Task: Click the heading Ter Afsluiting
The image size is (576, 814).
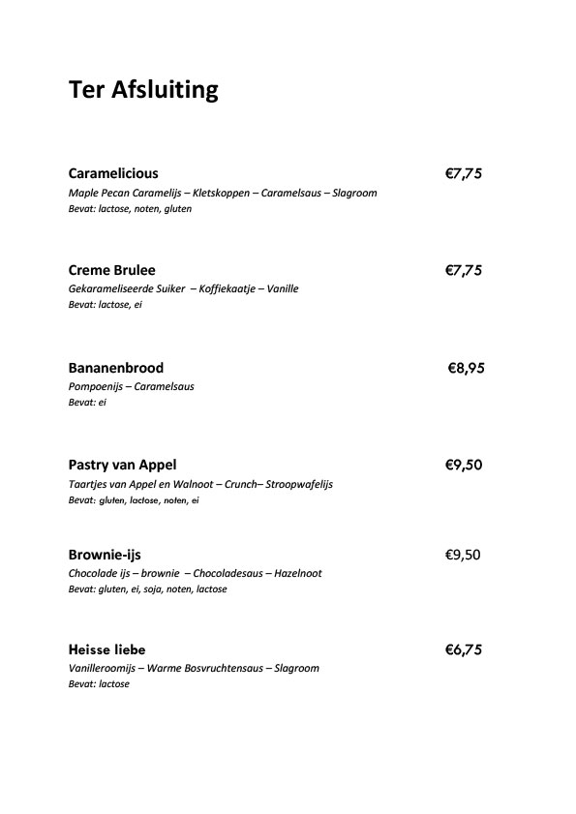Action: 143,91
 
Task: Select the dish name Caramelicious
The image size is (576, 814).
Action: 113,174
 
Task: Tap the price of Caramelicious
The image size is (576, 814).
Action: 463,174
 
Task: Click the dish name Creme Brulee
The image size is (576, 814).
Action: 112,270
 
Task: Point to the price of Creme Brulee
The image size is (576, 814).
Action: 463,270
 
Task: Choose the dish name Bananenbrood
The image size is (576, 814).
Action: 116,368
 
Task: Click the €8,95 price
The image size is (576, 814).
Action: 466,368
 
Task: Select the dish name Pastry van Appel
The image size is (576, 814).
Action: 122,465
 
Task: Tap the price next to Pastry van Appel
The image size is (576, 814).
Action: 463,465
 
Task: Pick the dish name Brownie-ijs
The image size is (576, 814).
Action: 105,555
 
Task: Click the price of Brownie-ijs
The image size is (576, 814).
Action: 462,555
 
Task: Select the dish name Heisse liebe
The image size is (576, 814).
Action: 106,649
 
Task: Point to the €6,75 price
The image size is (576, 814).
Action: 463,649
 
